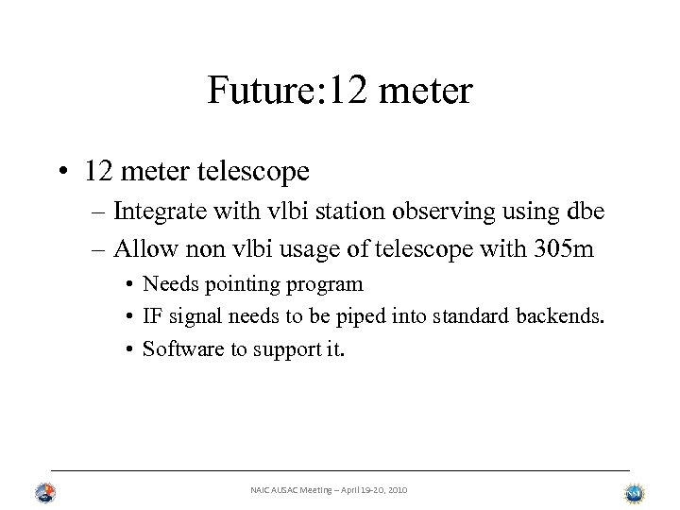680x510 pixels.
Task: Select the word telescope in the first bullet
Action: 255,172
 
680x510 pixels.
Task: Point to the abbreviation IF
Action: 153,316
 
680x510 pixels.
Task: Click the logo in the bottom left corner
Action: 45,492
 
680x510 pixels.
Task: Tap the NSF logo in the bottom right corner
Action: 634,492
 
